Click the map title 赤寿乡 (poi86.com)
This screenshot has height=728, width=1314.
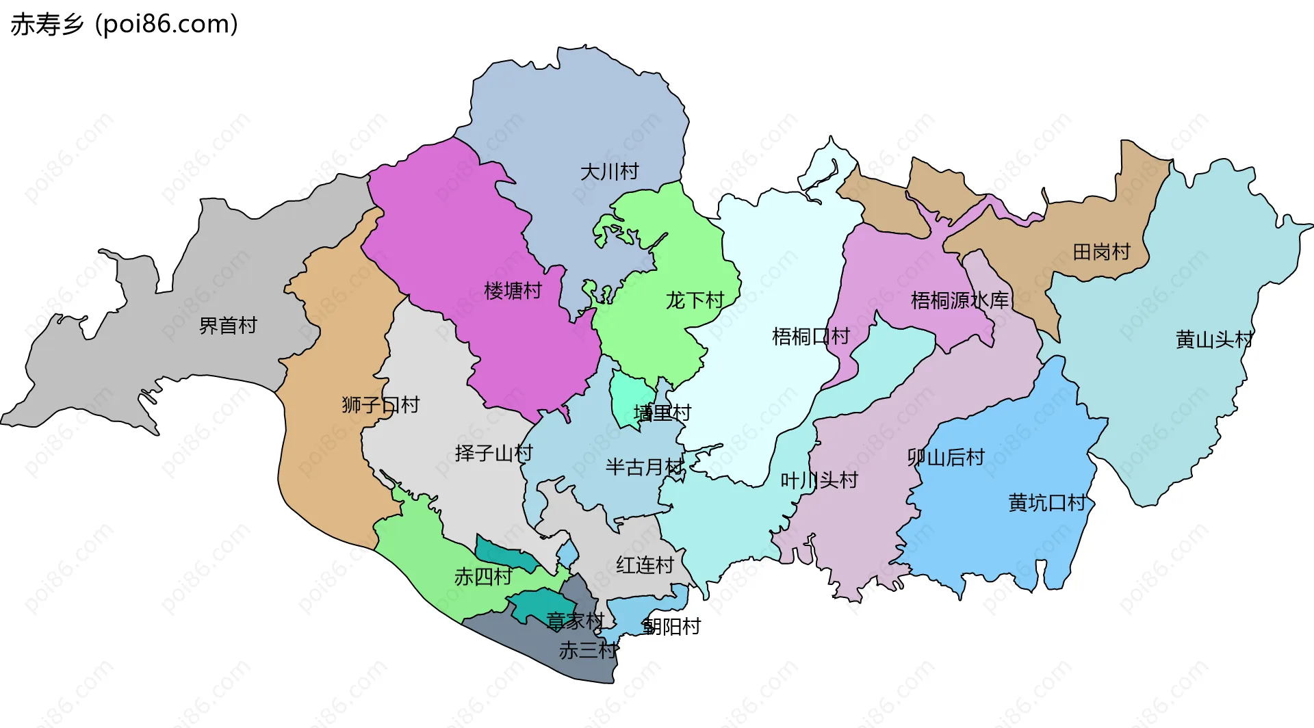(124, 25)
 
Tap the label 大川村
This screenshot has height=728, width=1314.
(609, 172)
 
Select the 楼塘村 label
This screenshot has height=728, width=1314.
(513, 291)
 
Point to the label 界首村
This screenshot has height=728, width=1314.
(228, 326)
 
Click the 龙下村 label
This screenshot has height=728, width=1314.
(695, 300)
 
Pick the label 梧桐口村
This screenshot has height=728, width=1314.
(810, 337)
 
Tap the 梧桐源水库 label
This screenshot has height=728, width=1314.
(959, 300)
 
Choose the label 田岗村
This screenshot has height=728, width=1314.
(1101, 252)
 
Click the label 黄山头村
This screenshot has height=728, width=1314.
(1214, 339)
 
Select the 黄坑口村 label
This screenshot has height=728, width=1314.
(1047, 503)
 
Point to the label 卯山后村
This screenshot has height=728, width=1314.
(946, 457)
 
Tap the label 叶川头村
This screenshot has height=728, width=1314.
(819, 480)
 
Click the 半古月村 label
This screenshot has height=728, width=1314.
(644, 467)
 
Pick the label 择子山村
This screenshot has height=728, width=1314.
(493, 453)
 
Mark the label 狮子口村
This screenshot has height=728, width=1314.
(381, 405)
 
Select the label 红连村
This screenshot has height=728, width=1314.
(645, 565)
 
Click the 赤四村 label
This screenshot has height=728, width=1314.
(483, 577)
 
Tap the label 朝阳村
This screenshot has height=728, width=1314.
(672, 627)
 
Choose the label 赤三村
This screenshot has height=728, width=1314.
(588, 651)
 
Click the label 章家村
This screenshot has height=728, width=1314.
(575, 621)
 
